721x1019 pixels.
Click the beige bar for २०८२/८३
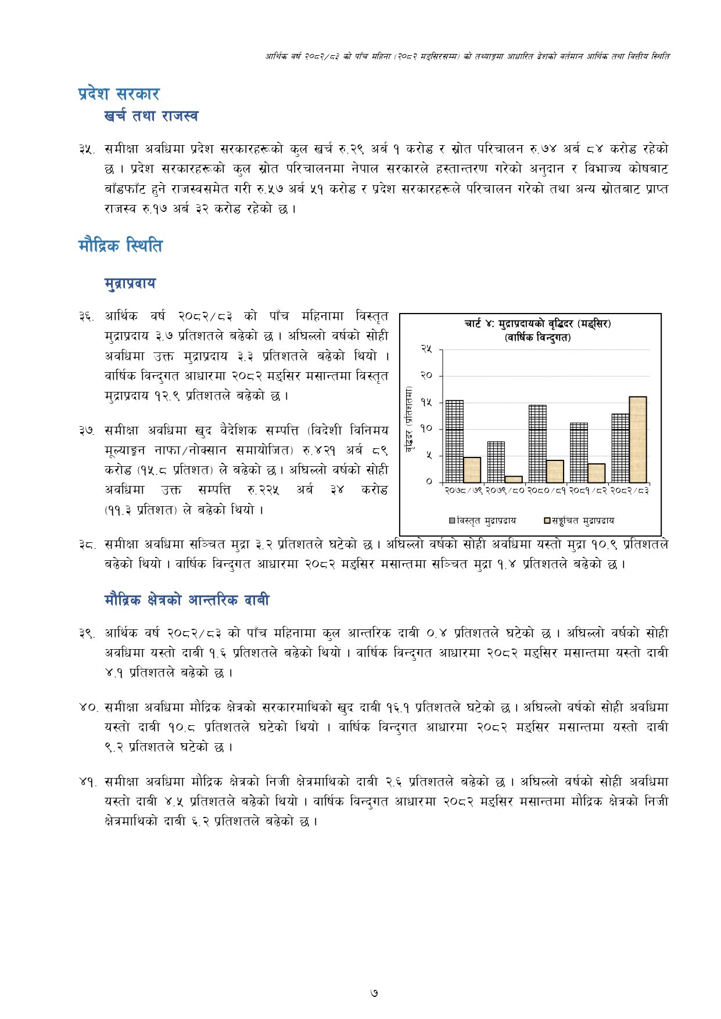[637, 440]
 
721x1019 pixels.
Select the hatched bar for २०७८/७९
[454, 441]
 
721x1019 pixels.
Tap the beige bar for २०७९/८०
[513, 479]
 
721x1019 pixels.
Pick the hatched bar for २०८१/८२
[579, 452]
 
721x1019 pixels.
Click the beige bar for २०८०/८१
[555, 471]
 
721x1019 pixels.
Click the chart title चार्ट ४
[537, 324]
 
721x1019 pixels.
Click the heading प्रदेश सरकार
[119, 94]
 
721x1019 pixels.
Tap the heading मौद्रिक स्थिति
[120, 246]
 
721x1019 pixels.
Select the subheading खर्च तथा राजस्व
[151, 116]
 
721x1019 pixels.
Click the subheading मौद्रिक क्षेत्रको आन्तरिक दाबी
[186, 600]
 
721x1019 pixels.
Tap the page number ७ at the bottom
[374, 993]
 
